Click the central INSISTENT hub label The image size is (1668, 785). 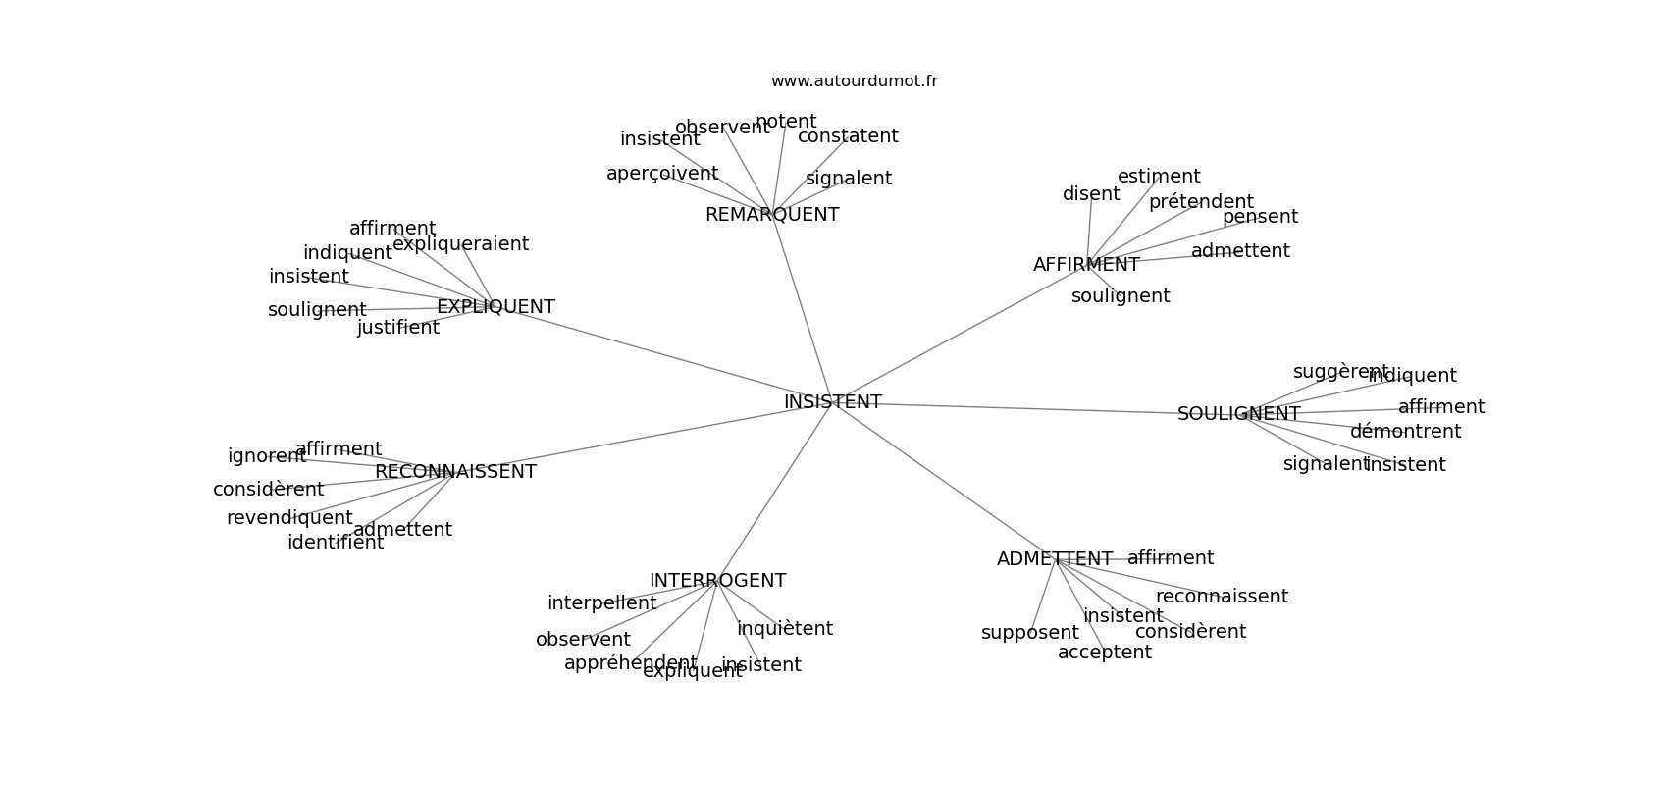pyautogui.click(x=832, y=402)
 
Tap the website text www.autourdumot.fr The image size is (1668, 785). pyautogui.click(x=854, y=81)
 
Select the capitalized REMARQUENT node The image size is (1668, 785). pyautogui.click(x=772, y=215)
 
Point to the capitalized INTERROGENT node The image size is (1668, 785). pyautogui.click(x=717, y=581)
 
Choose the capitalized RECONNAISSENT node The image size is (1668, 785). pyautogui.click(x=455, y=472)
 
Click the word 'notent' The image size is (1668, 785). pyautogui.click(x=786, y=122)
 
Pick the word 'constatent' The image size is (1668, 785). pyautogui.click(x=848, y=136)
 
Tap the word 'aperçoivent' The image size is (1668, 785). pyautogui.click(x=662, y=174)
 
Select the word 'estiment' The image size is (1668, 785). pyautogui.click(x=1159, y=177)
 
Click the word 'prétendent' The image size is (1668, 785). pyautogui.click(x=1201, y=202)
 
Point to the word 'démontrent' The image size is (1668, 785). pyautogui.click(x=1405, y=432)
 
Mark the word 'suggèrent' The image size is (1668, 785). pyautogui.click(x=1340, y=372)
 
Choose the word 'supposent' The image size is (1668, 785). pyautogui.click(x=1029, y=633)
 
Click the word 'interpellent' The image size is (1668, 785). pyautogui.click(x=601, y=603)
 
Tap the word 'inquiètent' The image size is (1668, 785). pyautogui.click(x=785, y=629)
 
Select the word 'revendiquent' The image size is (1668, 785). pyautogui.click(x=289, y=518)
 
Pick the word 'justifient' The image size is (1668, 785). pyautogui.click(x=397, y=328)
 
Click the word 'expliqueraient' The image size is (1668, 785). pyautogui.click(x=460, y=244)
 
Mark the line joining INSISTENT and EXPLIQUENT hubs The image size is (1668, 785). pyautogui.click(x=667, y=356)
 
